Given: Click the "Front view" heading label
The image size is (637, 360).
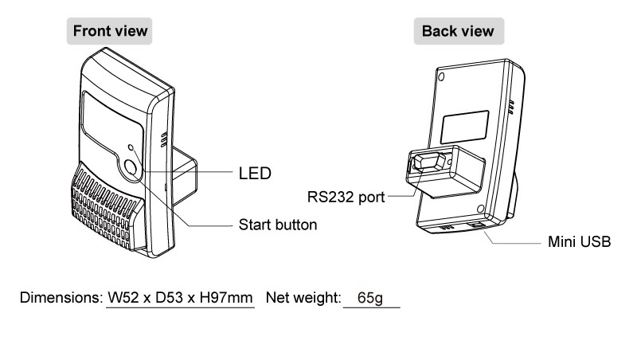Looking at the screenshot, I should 111,32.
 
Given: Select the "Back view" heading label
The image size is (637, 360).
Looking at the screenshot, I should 458,32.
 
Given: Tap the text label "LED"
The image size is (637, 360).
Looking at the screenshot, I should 255,172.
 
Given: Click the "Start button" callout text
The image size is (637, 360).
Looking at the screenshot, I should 278,225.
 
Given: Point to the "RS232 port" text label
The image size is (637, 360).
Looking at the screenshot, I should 345,195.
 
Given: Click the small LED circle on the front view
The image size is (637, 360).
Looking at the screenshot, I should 132,149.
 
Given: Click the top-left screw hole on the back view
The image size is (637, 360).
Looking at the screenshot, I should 441,78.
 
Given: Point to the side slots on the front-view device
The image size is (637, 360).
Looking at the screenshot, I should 165,139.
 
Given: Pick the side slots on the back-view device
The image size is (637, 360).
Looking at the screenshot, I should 510,104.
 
